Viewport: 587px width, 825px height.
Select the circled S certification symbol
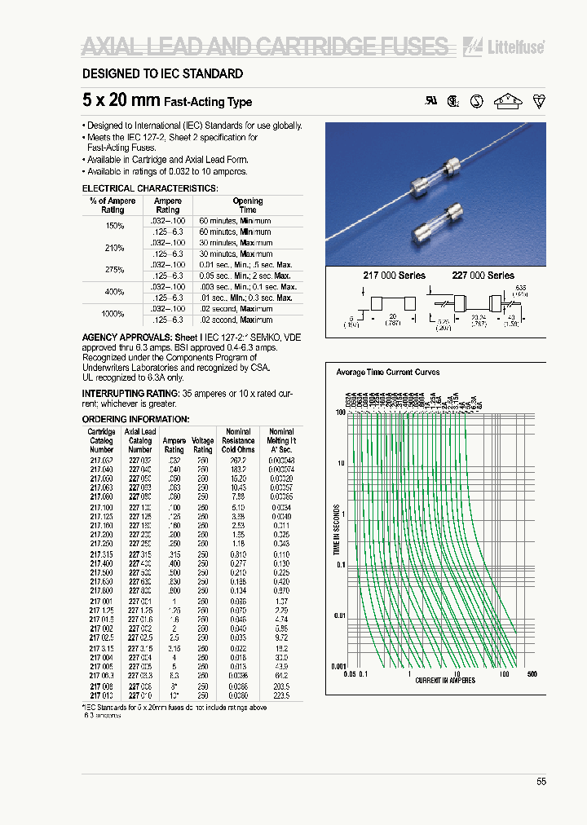point(478,101)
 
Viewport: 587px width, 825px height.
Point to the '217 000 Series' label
point(394,276)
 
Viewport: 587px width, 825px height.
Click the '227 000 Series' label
point(483,276)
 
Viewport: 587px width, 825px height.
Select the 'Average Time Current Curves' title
point(387,372)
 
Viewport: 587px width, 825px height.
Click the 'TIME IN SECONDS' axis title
point(337,531)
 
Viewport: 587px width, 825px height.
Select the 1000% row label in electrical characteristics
point(114,314)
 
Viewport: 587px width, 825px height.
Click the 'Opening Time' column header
point(248,205)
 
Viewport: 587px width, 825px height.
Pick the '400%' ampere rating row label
point(114,292)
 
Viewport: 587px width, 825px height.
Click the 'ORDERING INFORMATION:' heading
point(136,419)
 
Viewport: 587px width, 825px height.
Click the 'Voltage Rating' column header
point(203,445)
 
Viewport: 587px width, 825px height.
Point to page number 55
point(541,782)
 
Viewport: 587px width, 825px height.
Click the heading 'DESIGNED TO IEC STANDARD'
point(162,74)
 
